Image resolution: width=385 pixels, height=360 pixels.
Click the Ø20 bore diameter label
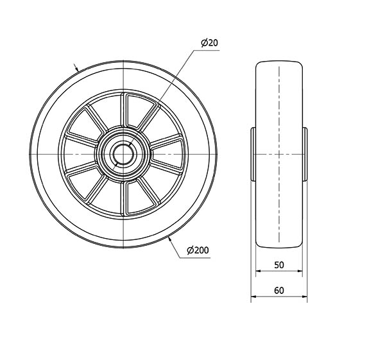pyautogui.click(x=209, y=43)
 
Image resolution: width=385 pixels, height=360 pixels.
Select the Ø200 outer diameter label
pyautogui.click(x=198, y=250)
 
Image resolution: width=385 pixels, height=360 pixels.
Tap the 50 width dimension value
pyautogui.click(x=279, y=265)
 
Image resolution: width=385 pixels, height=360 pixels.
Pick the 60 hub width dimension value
pyautogui.click(x=279, y=291)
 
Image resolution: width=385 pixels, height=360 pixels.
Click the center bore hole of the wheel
pyautogui.click(x=123, y=154)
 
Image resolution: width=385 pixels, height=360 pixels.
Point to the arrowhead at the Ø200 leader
pyautogui.click(x=169, y=239)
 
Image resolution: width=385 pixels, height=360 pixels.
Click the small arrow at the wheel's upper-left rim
pyautogui.click(x=76, y=67)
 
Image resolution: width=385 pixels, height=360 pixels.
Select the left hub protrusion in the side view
pyautogui.click(x=253, y=154)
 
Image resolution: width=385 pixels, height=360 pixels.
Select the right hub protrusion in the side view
pyautogui.click(x=305, y=154)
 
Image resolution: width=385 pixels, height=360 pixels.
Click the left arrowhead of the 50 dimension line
pyautogui.click(x=258, y=271)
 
